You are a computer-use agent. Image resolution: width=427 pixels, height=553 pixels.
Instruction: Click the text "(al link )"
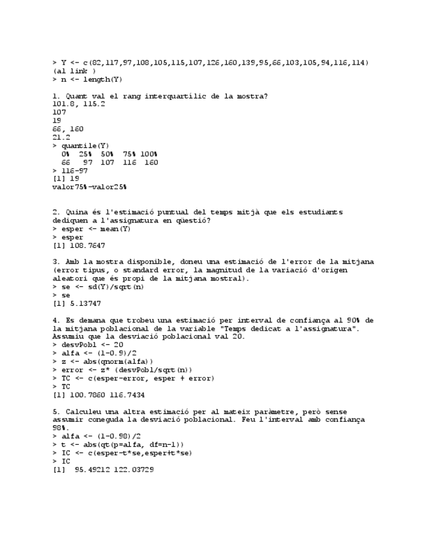click(74, 71)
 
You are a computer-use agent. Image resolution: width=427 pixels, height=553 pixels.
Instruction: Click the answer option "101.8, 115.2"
click(79, 104)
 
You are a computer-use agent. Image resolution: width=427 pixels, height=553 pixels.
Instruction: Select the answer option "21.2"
click(61, 138)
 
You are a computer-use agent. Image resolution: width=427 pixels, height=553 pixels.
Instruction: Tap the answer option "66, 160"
click(68, 129)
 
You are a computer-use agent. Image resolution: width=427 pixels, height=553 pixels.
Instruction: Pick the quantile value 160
click(151, 162)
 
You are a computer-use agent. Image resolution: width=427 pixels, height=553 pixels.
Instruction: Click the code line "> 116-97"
click(70, 170)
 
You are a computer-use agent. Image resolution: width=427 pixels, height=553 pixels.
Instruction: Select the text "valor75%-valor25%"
click(89, 187)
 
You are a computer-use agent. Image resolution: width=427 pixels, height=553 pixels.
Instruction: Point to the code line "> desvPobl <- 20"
click(87, 344)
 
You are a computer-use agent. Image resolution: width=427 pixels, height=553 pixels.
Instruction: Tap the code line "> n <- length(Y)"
click(87, 80)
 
